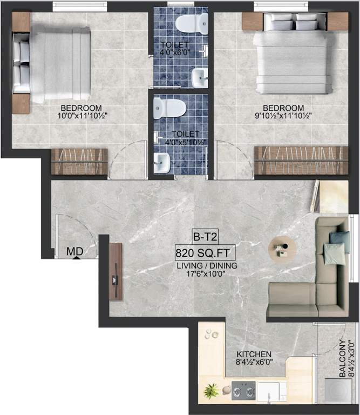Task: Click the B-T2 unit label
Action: click(206, 237)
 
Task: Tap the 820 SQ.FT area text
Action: click(205, 252)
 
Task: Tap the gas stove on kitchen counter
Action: click(243, 390)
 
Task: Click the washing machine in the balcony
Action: click(338, 390)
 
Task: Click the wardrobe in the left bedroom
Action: click(79, 162)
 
